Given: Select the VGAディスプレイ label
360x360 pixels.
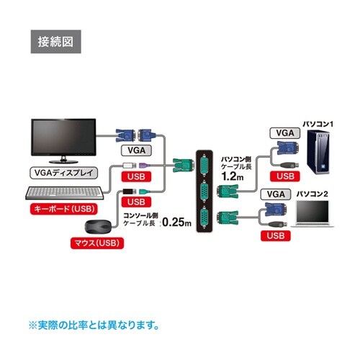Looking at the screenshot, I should [59, 173].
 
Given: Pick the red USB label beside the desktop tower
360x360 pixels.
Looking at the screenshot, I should [286, 175].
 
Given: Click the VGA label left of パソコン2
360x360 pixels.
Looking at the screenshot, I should [274, 194].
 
